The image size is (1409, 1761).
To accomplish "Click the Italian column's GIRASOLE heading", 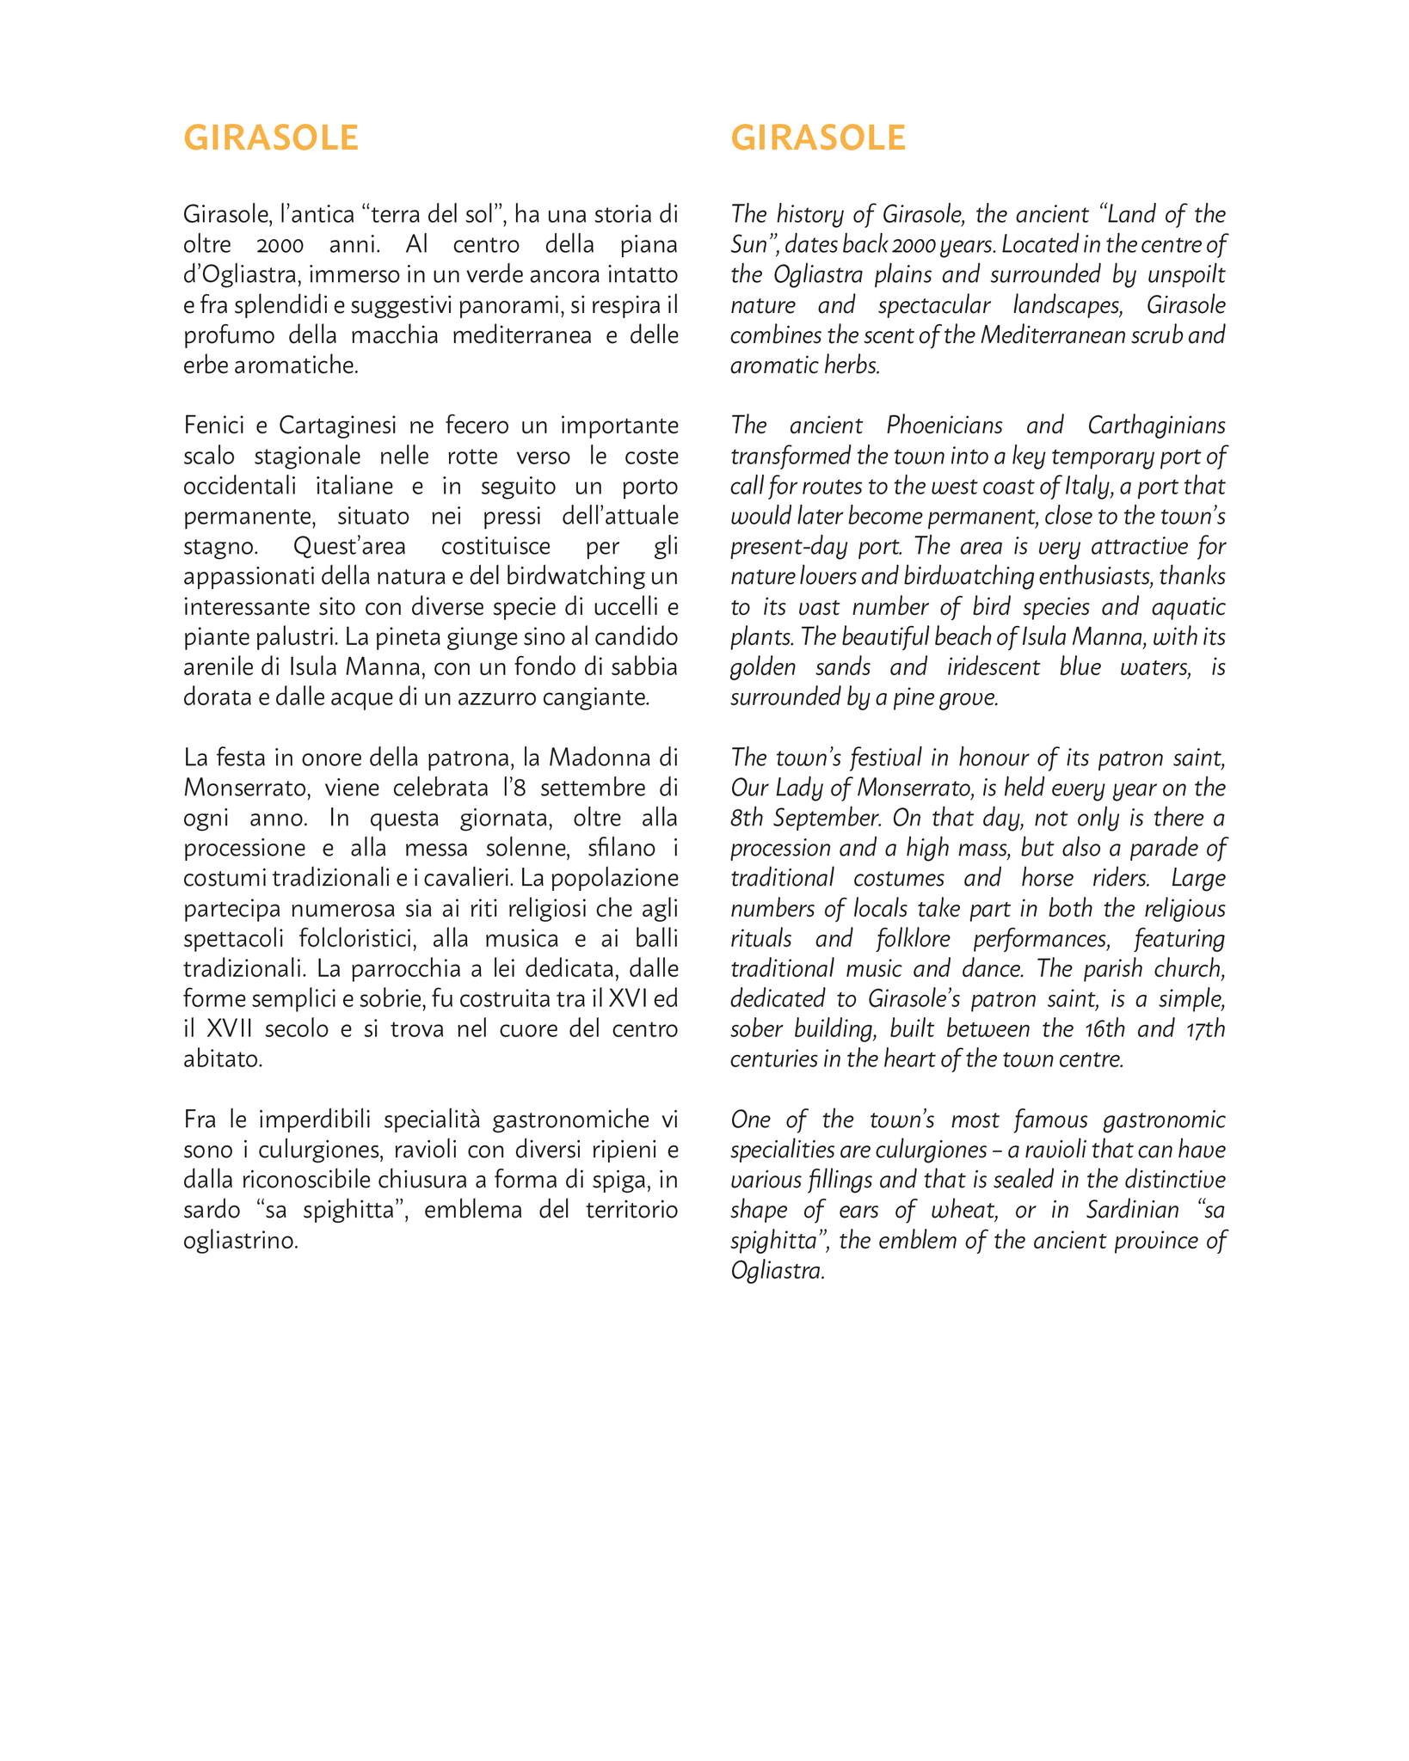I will click(271, 138).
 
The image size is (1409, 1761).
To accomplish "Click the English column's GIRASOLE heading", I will click(818, 138).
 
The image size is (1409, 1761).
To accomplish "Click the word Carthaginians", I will click(1156, 426).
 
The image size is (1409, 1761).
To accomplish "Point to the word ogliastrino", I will click(240, 1241).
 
